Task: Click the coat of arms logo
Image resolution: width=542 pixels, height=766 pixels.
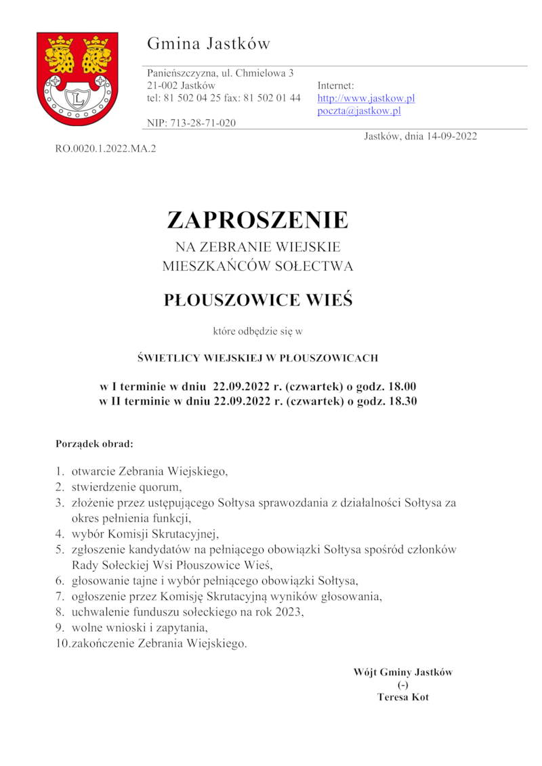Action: pyautogui.click(x=77, y=79)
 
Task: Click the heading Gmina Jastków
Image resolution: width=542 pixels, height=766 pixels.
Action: pyautogui.click(x=209, y=45)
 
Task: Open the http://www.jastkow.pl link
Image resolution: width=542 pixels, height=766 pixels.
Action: pyautogui.click(x=366, y=98)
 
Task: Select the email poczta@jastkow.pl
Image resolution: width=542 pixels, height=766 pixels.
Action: pyautogui.click(x=359, y=111)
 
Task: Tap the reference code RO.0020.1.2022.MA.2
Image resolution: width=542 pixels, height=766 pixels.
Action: pyautogui.click(x=106, y=147)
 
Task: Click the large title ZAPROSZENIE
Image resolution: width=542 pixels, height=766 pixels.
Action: pyautogui.click(x=257, y=220)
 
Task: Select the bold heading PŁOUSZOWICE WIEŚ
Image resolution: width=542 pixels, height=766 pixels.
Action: pyautogui.click(x=258, y=300)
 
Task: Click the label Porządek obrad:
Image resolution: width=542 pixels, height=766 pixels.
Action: pyautogui.click(x=94, y=445)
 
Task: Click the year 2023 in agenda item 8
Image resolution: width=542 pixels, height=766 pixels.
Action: pyautogui.click(x=288, y=612)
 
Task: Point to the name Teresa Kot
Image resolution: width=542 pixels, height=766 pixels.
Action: pyautogui.click(x=403, y=697)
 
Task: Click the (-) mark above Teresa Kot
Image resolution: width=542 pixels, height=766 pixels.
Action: pyautogui.click(x=403, y=685)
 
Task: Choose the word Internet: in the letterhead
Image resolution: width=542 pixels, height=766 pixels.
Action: pyautogui.click(x=336, y=85)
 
